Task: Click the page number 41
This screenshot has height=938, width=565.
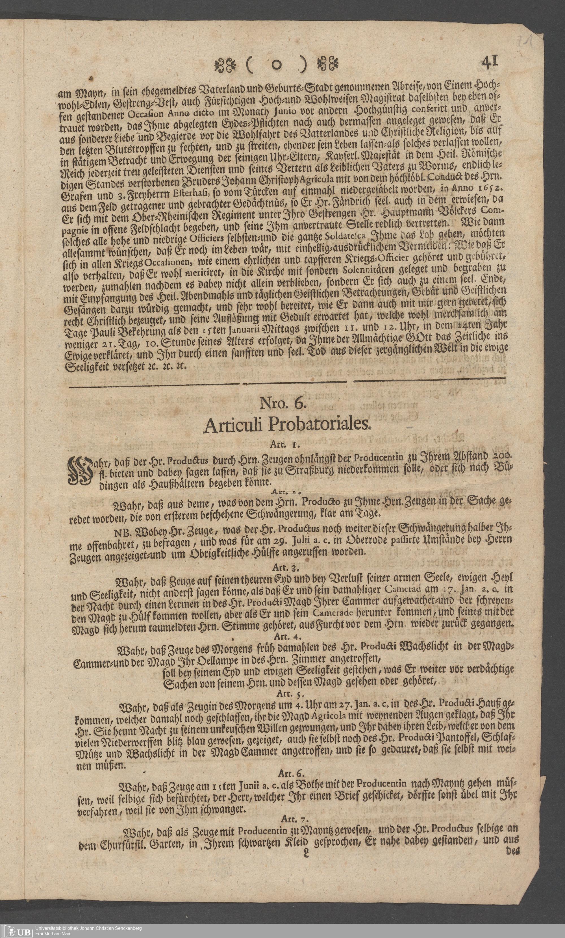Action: tap(490, 62)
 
